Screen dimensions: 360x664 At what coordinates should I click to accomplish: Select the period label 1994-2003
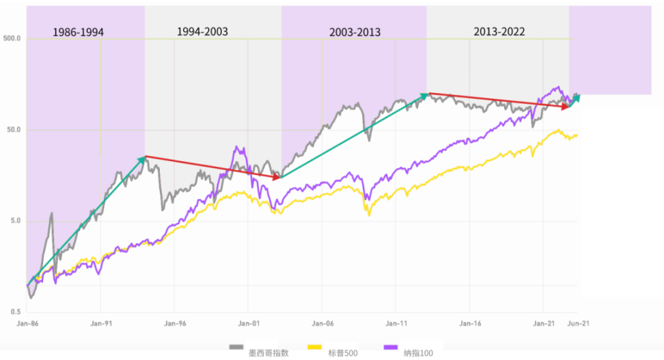tap(202, 32)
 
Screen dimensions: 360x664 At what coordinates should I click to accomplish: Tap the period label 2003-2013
tap(355, 32)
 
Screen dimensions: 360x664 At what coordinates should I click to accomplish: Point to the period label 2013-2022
tap(499, 31)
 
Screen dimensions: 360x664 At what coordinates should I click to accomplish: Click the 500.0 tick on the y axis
tap(12, 38)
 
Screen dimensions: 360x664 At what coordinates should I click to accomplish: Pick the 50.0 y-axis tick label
tap(14, 130)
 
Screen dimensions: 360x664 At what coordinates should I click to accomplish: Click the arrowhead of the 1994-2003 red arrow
tap(278, 178)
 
